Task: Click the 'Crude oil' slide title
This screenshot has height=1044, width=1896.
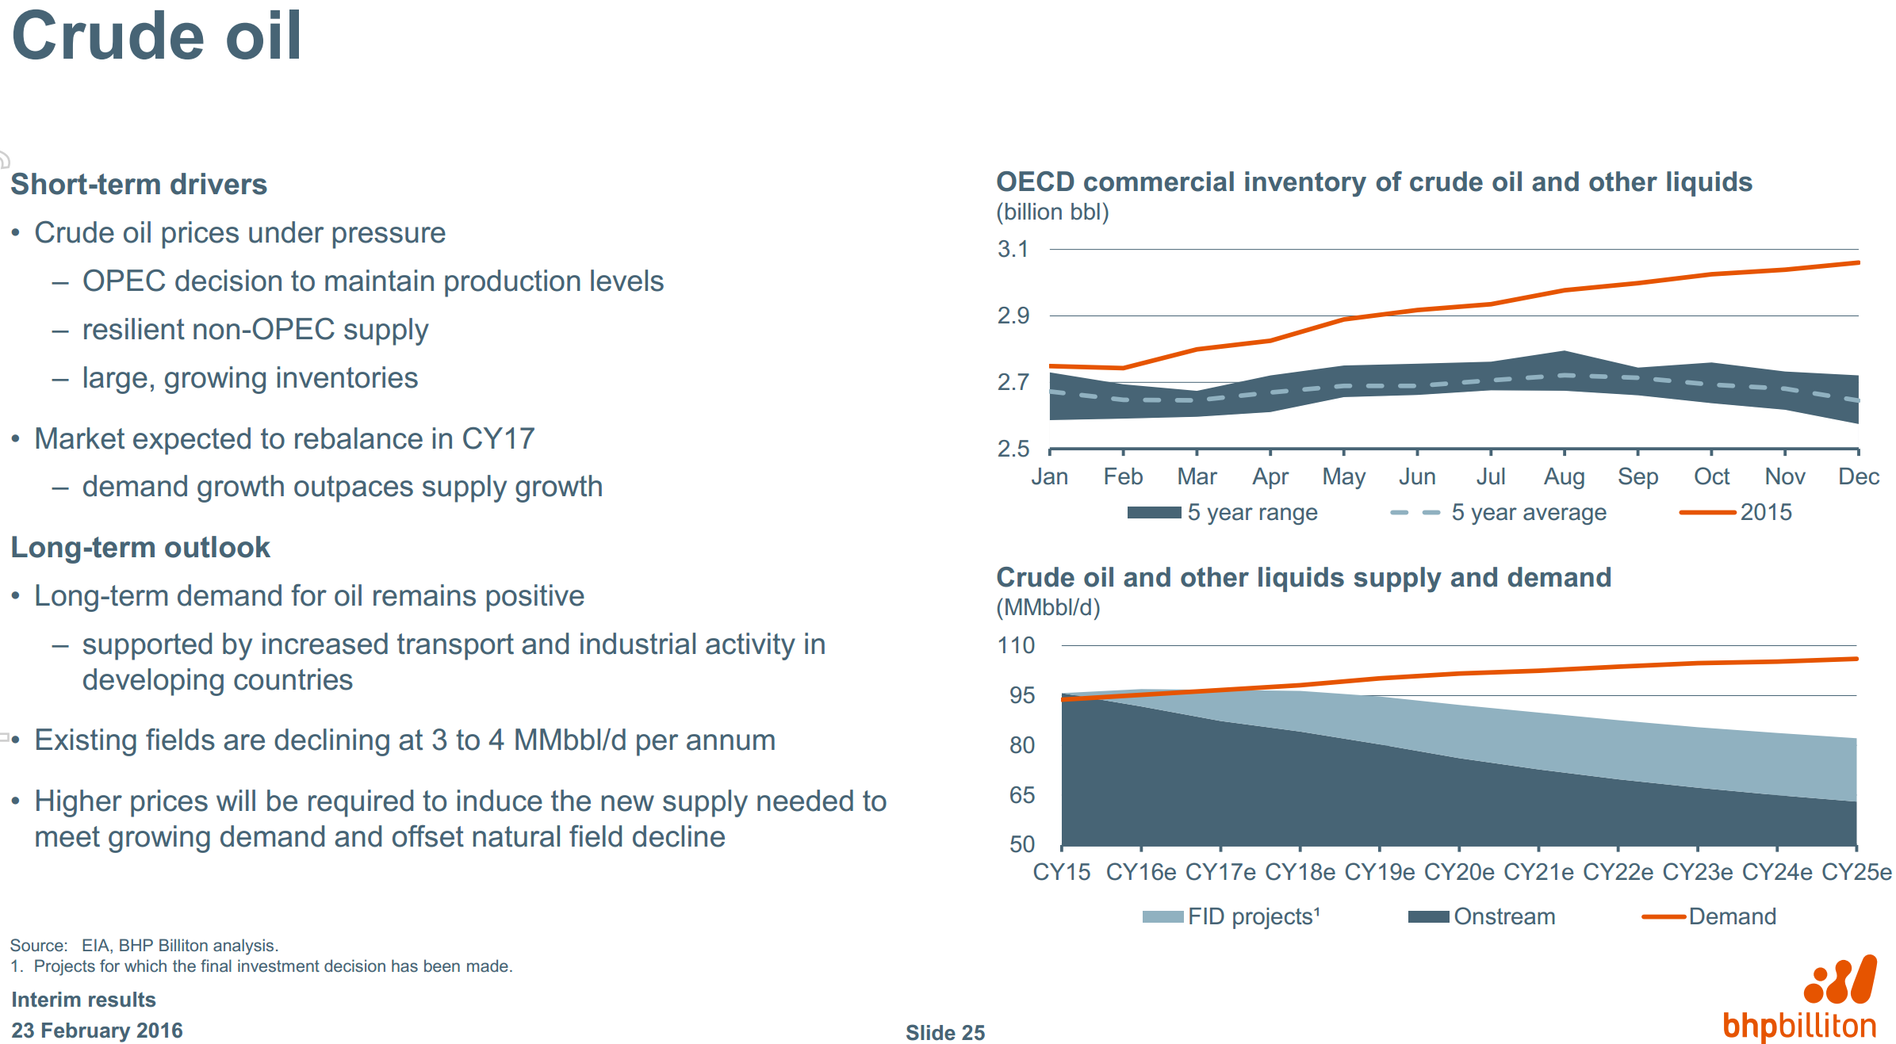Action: click(156, 36)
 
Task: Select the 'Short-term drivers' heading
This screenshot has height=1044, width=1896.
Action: click(139, 184)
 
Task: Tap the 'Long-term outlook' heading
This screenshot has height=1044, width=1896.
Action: click(140, 547)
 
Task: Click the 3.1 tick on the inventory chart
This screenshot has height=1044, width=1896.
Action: click(1013, 250)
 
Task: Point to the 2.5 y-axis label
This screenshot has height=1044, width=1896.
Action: click(1013, 449)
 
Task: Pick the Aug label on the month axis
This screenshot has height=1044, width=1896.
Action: click(1564, 476)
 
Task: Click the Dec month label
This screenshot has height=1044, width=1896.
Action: click(1858, 476)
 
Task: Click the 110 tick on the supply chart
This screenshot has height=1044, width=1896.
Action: click(1016, 645)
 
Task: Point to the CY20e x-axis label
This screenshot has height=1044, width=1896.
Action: click(1459, 872)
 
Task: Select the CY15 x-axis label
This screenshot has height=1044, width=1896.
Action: click(1061, 872)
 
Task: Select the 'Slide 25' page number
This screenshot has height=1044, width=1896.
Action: click(944, 1032)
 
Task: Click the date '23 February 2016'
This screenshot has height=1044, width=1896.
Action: click(97, 1031)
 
